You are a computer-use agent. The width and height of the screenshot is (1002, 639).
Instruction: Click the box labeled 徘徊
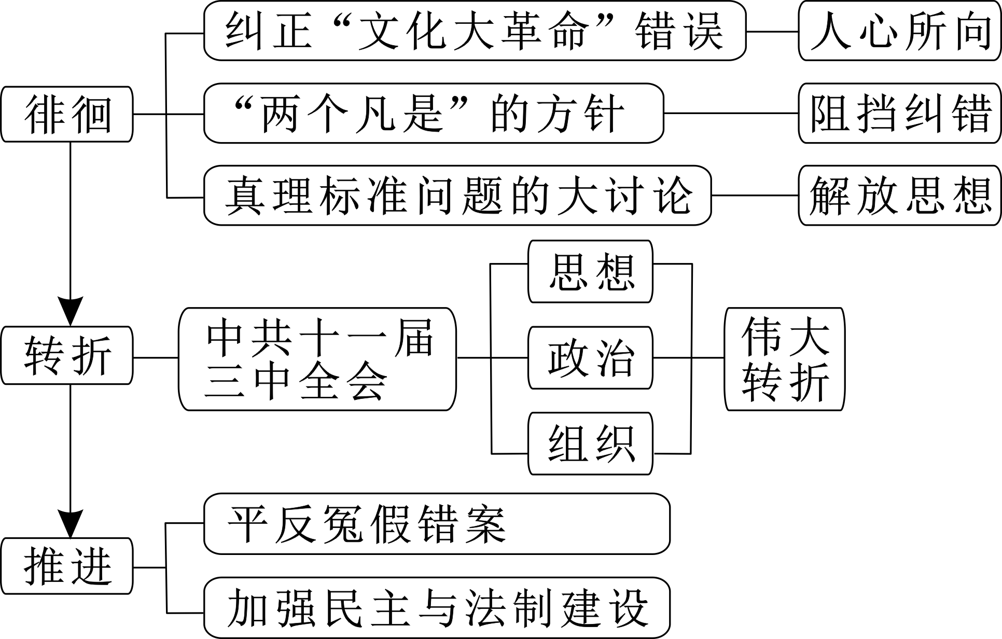click(67, 114)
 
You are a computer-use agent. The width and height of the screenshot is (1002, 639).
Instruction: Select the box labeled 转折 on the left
click(67, 355)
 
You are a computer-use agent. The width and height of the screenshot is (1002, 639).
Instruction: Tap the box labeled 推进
click(67, 566)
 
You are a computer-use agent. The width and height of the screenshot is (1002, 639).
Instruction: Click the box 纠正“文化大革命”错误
click(475, 31)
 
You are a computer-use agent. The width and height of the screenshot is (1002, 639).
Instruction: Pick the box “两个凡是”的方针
click(434, 113)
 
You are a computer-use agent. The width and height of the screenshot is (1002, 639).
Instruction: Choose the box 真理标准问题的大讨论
click(457, 196)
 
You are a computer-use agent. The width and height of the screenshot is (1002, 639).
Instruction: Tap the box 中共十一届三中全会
click(317, 359)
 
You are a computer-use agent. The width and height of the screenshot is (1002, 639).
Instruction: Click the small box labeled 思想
click(590, 271)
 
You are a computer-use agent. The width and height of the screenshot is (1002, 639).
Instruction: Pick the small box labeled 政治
click(590, 357)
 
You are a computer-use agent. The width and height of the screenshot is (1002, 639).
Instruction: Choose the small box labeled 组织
click(590, 443)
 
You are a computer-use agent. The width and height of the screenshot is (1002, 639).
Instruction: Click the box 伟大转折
click(784, 359)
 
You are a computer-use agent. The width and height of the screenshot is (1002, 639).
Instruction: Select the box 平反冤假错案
click(437, 523)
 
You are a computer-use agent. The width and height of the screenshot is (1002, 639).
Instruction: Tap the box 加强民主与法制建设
click(437, 608)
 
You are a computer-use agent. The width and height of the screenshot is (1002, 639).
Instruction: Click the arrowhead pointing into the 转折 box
click(70, 311)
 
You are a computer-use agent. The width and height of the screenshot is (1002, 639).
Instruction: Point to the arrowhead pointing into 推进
click(70, 524)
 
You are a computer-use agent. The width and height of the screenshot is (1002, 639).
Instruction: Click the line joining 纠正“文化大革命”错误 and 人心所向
click(772, 32)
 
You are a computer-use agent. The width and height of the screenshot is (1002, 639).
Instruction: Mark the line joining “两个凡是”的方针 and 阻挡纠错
click(731, 113)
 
